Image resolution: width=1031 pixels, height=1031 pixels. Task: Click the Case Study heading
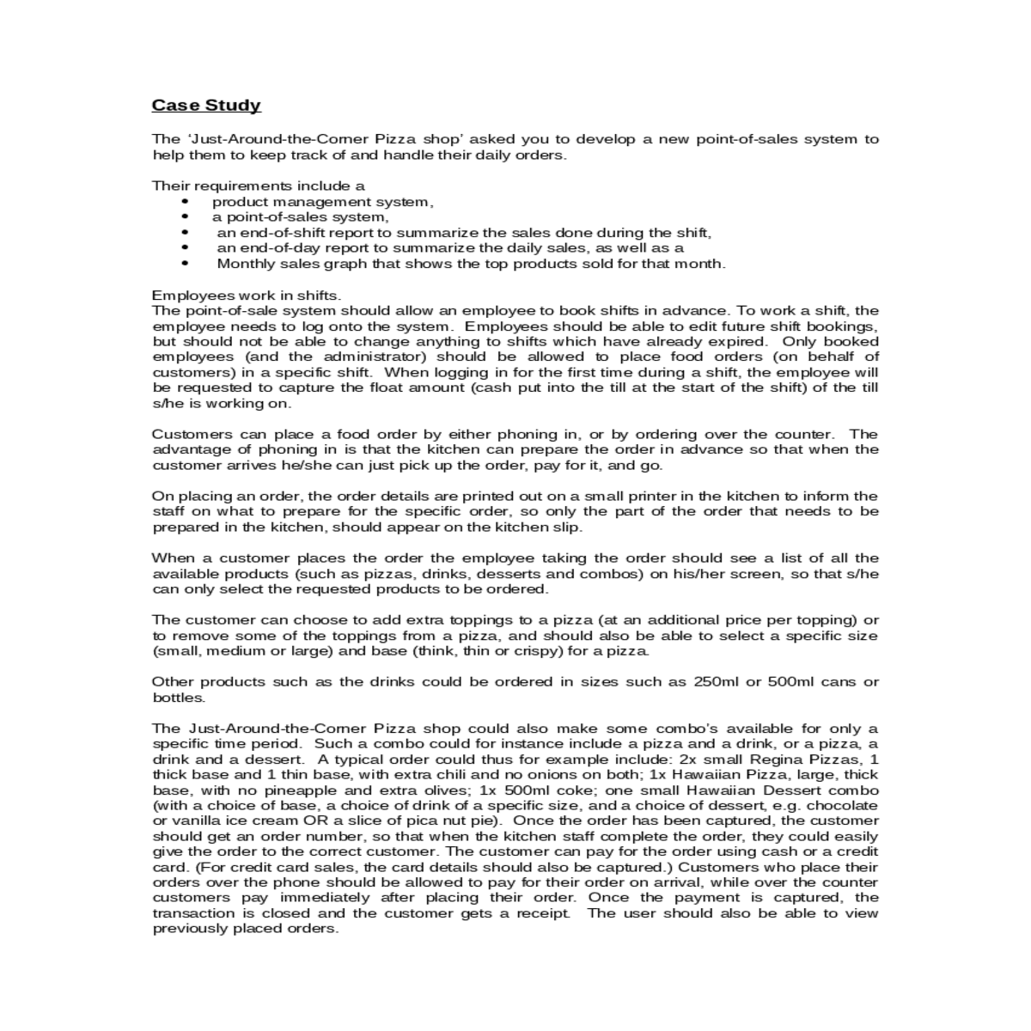pyautogui.click(x=206, y=106)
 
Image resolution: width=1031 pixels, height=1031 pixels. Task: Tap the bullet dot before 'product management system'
pyautogui.click(x=186, y=202)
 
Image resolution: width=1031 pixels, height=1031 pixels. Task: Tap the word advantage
pyautogui.click(x=189, y=449)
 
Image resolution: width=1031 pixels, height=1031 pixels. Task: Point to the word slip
pyautogui.click(x=568, y=527)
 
